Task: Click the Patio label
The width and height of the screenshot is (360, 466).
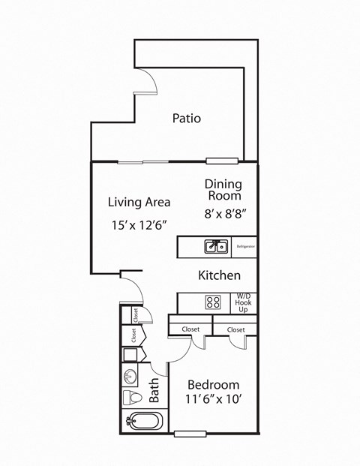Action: (187, 118)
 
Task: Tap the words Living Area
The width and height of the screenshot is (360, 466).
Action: (139, 202)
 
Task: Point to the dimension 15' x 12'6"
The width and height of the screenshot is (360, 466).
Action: (139, 224)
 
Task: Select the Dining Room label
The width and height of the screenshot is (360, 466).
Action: (224, 191)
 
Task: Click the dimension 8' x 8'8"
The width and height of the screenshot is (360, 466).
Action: (226, 213)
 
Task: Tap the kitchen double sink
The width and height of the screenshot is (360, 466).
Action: (217, 246)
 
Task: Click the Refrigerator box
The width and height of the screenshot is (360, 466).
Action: (245, 246)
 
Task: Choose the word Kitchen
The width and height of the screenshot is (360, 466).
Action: (219, 275)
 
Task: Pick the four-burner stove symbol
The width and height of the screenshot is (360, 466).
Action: (213, 302)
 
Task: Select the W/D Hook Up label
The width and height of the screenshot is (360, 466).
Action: (244, 302)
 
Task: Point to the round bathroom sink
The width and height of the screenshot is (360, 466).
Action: (129, 374)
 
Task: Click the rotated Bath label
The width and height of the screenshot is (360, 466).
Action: (154, 390)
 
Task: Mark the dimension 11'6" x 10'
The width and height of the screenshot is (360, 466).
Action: (214, 401)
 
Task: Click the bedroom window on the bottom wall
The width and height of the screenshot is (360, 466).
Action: (190, 433)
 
